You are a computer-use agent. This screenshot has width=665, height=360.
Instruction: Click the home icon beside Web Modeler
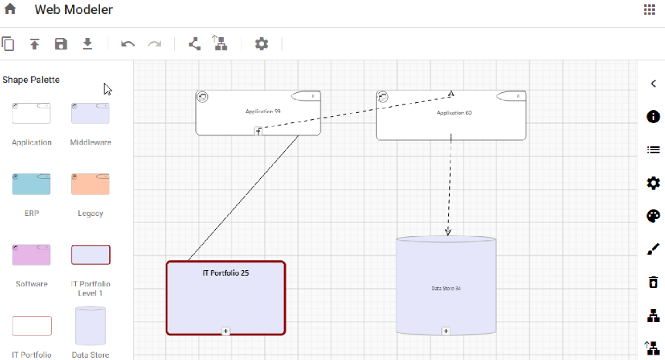pos(11,10)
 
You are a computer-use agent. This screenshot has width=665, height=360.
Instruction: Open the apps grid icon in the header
pos(649,9)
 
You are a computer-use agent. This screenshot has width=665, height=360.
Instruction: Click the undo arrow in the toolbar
pos(129,44)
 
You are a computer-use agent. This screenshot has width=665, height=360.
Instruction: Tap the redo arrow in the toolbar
pos(155,44)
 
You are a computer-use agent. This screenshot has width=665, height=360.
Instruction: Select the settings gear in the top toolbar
pos(262,44)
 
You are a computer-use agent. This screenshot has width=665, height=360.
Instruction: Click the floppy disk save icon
pos(61,44)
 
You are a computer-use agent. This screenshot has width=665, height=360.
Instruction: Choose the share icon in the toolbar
pos(195,44)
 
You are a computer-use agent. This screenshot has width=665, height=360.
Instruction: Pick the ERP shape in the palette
pos(32,184)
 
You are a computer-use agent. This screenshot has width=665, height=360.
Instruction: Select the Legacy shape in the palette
pos(91,184)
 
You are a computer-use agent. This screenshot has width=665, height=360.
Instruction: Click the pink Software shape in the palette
pos(32,255)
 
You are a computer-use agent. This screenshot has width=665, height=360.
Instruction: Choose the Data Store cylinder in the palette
pos(91,325)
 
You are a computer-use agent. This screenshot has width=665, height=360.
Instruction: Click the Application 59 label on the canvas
pos(263,112)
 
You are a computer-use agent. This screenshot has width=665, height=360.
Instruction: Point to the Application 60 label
pos(454,113)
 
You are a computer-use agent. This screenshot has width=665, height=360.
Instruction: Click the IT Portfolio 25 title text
pos(225,273)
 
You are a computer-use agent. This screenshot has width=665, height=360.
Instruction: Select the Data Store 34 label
pos(446,289)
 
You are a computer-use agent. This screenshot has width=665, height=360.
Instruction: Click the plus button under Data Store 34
pos(446,331)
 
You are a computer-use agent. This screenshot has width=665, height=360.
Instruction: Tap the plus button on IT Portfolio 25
pos(226,331)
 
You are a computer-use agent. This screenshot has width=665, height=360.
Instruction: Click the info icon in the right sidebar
pos(653,117)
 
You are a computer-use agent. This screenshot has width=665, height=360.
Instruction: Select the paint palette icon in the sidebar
pos(653,216)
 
